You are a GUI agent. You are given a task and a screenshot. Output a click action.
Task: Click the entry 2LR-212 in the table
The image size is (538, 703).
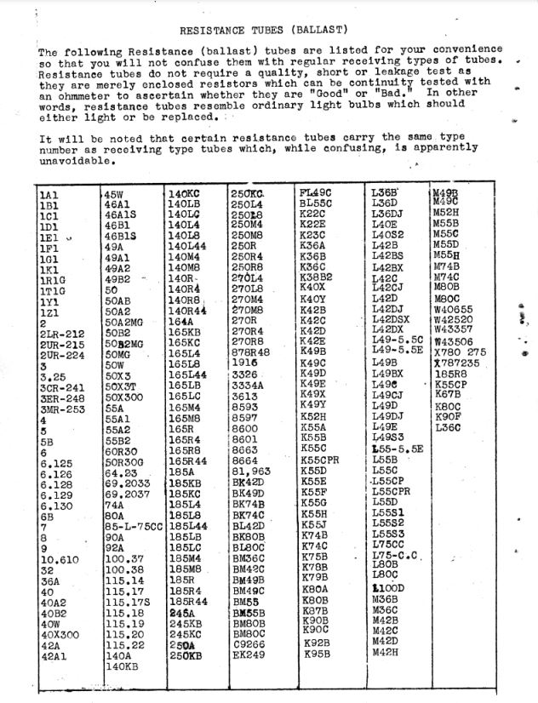pyautogui.click(x=62, y=334)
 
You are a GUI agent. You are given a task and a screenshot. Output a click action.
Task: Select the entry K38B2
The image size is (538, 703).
pyautogui.click(x=316, y=277)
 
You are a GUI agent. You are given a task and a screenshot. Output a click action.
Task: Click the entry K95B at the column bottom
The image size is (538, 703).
pyautogui.click(x=317, y=654)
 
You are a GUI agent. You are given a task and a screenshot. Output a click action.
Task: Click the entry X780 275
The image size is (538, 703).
pyautogui.click(x=461, y=351)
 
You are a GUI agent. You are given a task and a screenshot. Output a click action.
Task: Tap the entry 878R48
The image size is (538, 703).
pyautogui.click(x=250, y=351)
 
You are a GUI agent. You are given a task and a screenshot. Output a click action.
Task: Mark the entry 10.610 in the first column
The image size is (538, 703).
pyautogui.click(x=60, y=559)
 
